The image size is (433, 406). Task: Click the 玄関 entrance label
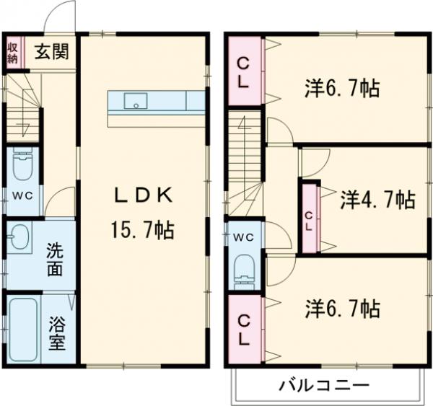pos(52,53)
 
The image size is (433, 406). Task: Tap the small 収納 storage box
pos(13,53)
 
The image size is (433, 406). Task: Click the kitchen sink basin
pos(134,102)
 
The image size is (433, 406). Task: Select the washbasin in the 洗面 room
pos(19,236)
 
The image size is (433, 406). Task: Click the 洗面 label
pos(56,260)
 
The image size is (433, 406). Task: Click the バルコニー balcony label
pos(324,384)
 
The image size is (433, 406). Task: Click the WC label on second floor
pos(243,236)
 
